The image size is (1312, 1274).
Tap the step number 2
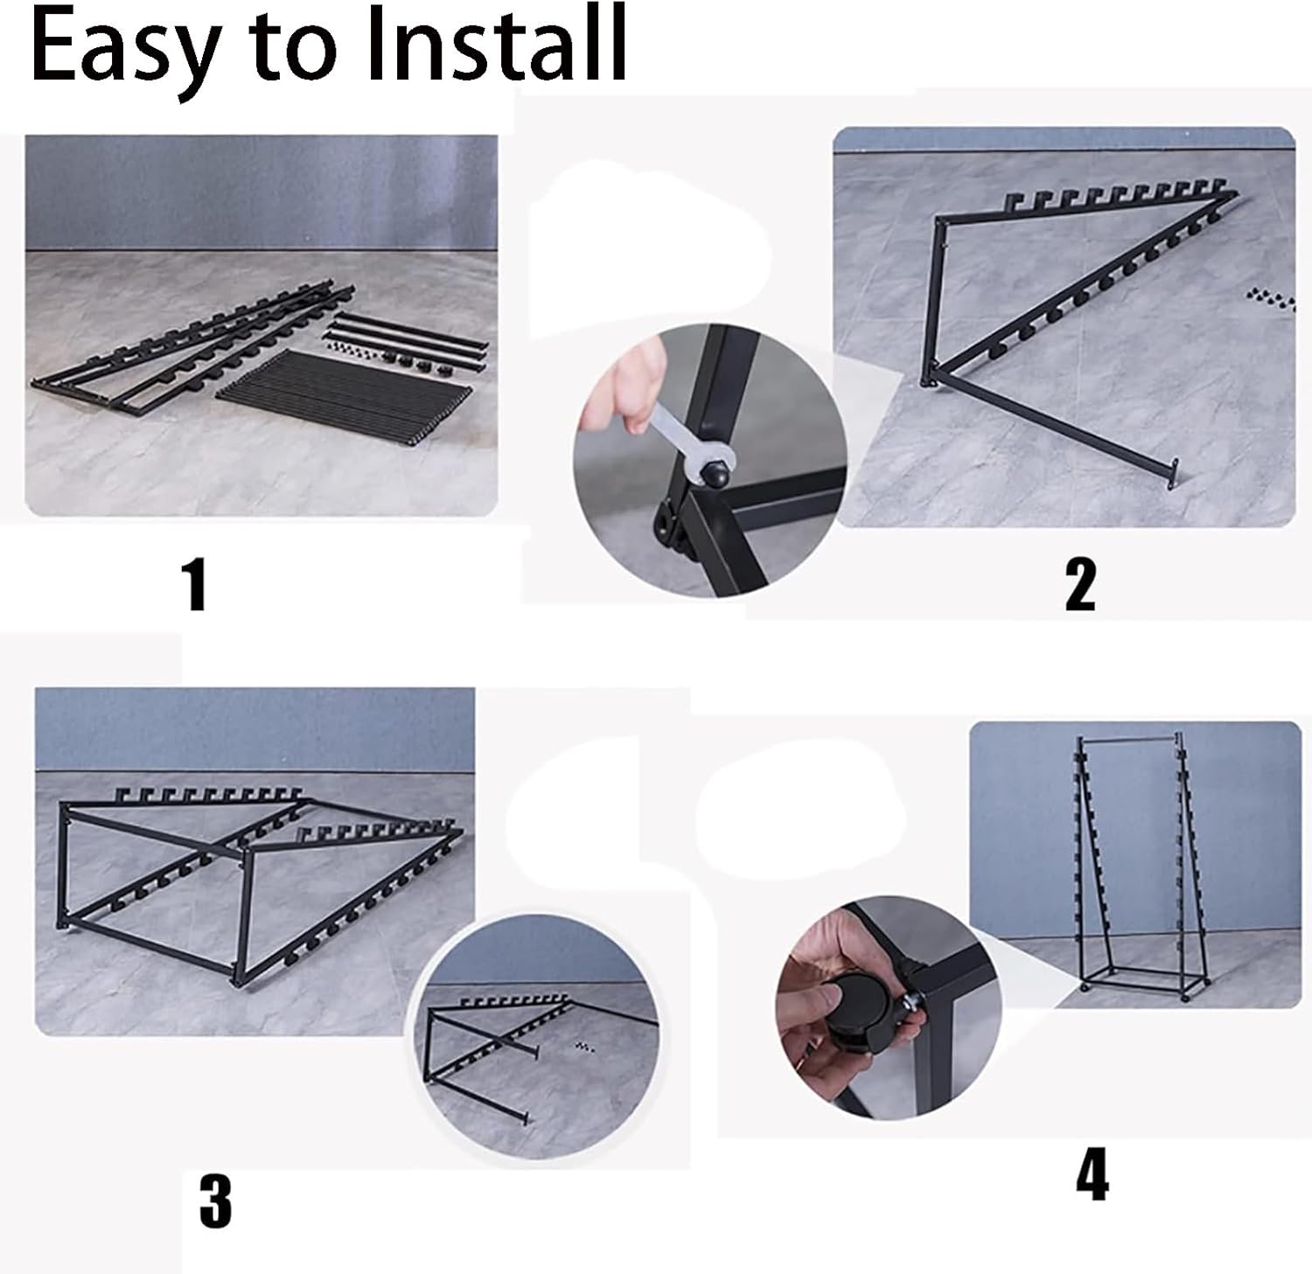pos(1079,584)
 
